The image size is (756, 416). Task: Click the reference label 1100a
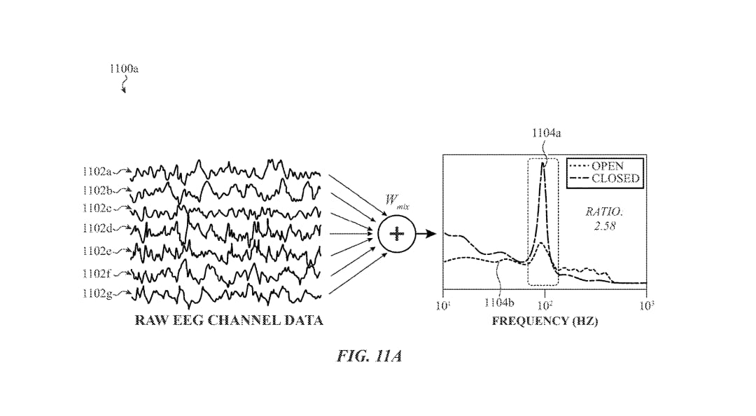124,69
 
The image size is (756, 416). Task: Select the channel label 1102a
97,172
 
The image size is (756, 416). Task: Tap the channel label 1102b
97,190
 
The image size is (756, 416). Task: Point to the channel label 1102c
97,208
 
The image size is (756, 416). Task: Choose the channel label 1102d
97,228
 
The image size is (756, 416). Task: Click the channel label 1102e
97,251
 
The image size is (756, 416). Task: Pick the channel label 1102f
97,274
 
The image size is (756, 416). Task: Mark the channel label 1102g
97,293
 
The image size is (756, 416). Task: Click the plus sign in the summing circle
397,234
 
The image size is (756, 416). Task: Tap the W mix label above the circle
397,201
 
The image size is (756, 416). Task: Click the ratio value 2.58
605,226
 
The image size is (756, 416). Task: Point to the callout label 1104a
546,133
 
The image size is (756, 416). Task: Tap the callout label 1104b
499,303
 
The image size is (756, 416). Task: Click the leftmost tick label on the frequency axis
442,305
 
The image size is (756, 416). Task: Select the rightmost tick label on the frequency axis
647,305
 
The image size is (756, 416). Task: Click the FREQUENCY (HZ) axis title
545,321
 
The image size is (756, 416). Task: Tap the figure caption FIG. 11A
370,356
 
